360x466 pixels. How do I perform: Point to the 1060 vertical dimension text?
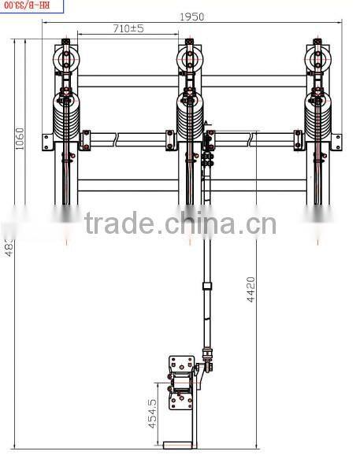(x=20, y=141)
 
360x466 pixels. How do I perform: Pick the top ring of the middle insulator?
(x=189, y=57)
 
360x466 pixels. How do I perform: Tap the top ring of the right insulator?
(x=317, y=57)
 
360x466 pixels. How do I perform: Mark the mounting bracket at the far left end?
(x=49, y=141)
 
